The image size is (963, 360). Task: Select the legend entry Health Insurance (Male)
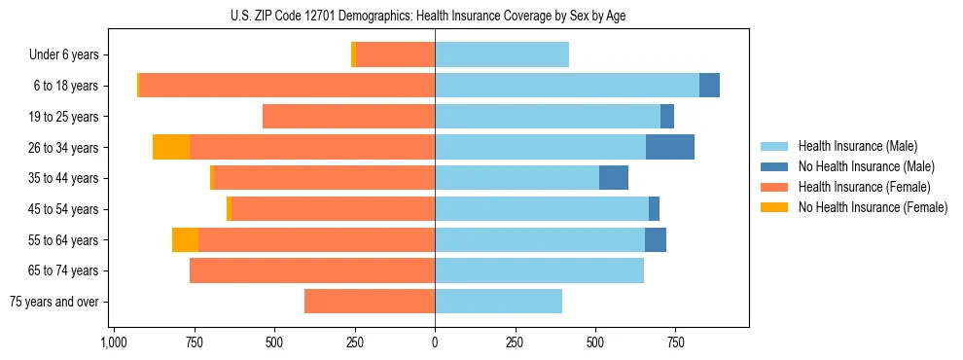(856, 146)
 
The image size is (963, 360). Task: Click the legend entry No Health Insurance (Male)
(866, 166)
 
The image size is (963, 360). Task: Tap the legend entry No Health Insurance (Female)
(873, 207)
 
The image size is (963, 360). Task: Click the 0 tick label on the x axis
(435, 342)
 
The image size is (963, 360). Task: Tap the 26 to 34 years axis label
(64, 148)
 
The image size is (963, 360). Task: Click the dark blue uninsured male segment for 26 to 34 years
(670, 147)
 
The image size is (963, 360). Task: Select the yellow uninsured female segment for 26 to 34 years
(171, 147)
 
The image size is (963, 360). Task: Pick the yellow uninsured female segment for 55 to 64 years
(185, 239)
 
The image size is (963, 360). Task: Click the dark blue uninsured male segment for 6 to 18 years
(709, 86)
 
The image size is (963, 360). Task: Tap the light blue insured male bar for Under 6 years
(502, 54)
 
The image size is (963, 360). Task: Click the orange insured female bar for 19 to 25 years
(348, 117)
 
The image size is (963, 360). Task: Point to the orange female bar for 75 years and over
(370, 302)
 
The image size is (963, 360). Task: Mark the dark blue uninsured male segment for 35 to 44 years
(614, 178)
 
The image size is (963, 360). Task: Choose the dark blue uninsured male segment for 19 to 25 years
(667, 117)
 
